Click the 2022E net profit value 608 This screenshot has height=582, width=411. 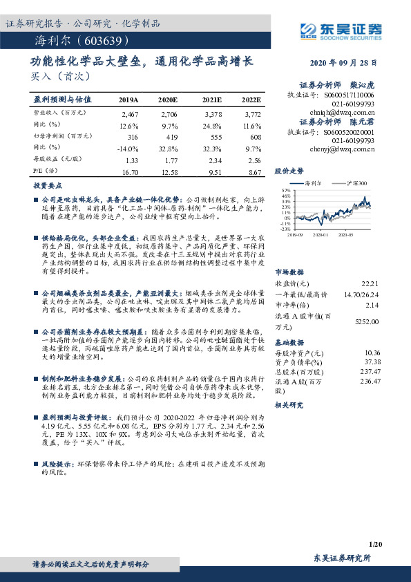[256, 138]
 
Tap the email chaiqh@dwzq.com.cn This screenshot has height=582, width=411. [343, 109]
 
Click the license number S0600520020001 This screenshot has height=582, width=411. [348, 132]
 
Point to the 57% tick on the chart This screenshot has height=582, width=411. [285, 189]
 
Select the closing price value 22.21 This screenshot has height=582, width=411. [370, 284]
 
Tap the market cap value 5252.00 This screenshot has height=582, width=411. [366, 321]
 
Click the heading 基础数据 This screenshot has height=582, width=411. [289, 341]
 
